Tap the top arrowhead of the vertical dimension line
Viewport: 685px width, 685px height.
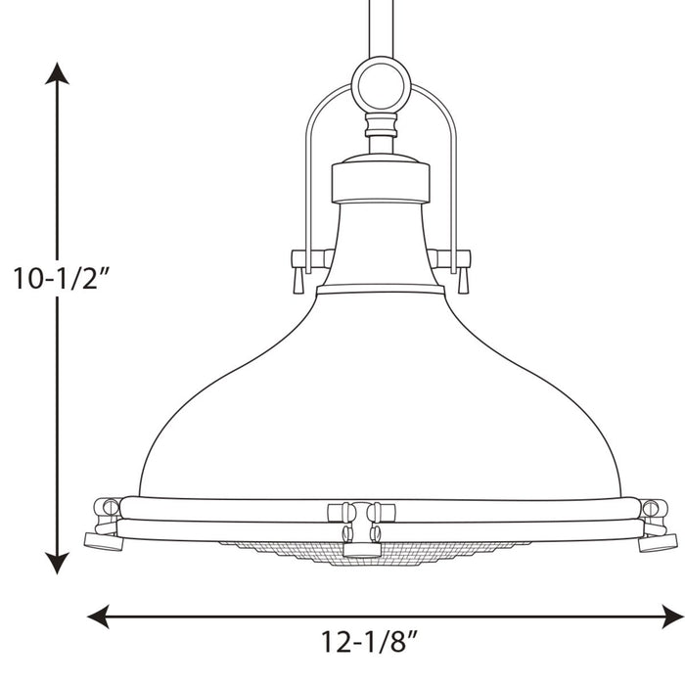pyautogui.click(x=59, y=74)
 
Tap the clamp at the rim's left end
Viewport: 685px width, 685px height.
pyautogui.click(x=106, y=525)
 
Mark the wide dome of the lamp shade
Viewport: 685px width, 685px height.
pyautogui.click(x=380, y=401)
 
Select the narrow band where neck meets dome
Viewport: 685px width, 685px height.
pyautogui.click(x=380, y=290)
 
